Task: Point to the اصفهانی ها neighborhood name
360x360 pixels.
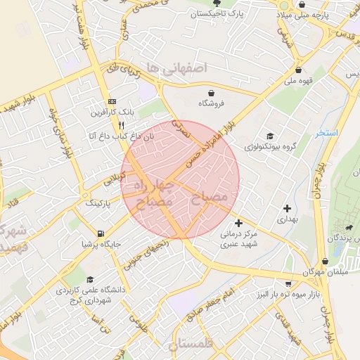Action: point(174,67)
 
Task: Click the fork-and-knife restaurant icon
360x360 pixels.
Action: point(121,125)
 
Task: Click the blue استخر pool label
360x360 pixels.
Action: point(327,132)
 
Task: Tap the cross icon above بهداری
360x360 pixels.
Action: point(286,208)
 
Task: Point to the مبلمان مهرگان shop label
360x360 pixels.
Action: point(305,271)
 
